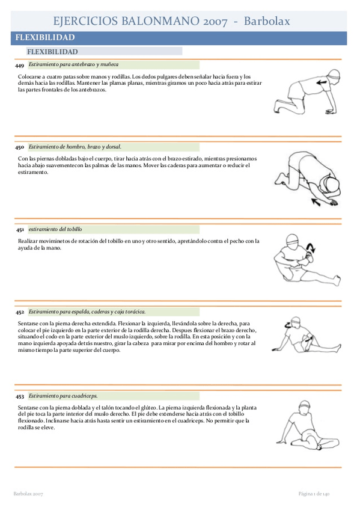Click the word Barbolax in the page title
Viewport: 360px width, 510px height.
[x=267, y=21]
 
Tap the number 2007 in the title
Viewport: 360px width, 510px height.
[x=215, y=22]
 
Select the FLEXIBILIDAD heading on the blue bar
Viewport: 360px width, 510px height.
[x=45, y=37]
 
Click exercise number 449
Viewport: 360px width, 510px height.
[x=19, y=66]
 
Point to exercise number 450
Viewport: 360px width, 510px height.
[x=19, y=147]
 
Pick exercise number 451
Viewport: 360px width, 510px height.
[x=20, y=230]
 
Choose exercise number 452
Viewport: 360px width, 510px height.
[x=20, y=312]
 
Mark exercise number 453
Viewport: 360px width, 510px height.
[x=20, y=396]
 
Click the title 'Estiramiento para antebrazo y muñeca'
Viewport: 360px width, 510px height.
[x=73, y=64]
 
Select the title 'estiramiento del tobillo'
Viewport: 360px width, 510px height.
[x=55, y=229]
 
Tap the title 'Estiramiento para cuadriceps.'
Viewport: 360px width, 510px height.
[x=63, y=396]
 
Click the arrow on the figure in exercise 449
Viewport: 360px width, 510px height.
[x=322, y=82]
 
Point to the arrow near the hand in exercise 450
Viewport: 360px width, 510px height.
[x=316, y=202]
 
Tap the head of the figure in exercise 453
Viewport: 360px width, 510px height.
[x=305, y=407]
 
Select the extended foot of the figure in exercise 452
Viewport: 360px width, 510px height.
[x=338, y=348]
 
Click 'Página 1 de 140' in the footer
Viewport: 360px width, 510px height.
[x=314, y=494]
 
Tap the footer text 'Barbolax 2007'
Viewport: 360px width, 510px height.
[x=28, y=494]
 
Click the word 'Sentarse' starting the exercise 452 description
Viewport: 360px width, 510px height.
[x=28, y=324]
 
